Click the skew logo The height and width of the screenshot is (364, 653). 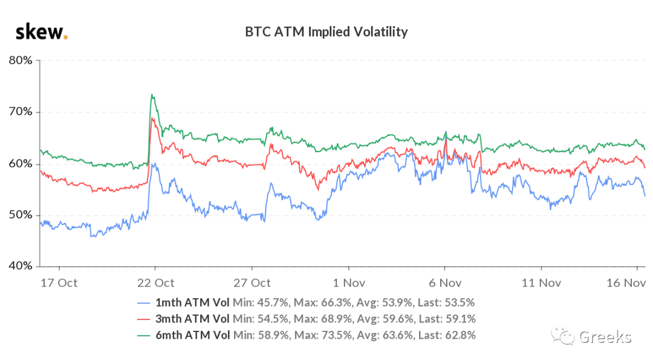click(x=41, y=32)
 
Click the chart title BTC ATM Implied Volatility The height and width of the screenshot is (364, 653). click(x=326, y=32)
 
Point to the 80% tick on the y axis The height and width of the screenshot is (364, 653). click(x=21, y=60)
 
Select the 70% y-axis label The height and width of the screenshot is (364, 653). click(x=21, y=112)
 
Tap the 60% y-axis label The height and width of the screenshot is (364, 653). click(x=21, y=164)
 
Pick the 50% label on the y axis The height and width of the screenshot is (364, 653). click(x=21, y=215)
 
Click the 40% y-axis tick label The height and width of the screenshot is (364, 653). click(x=21, y=266)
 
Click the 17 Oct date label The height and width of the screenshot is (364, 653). click(x=59, y=283)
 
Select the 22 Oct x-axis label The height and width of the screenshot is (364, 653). click(x=155, y=283)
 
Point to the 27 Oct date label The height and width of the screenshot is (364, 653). click(x=252, y=283)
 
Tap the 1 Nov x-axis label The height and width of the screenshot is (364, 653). click(x=349, y=283)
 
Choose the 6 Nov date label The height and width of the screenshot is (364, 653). click(x=445, y=283)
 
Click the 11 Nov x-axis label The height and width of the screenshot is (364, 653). click(x=541, y=283)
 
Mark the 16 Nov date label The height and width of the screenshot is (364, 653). click(x=626, y=283)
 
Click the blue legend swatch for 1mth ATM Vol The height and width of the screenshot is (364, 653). click(x=144, y=303)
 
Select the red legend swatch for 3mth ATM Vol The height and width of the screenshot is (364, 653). click(x=144, y=319)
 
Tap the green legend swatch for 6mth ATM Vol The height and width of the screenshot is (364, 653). click(x=144, y=336)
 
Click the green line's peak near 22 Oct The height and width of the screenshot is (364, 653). click(x=152, y=94)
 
